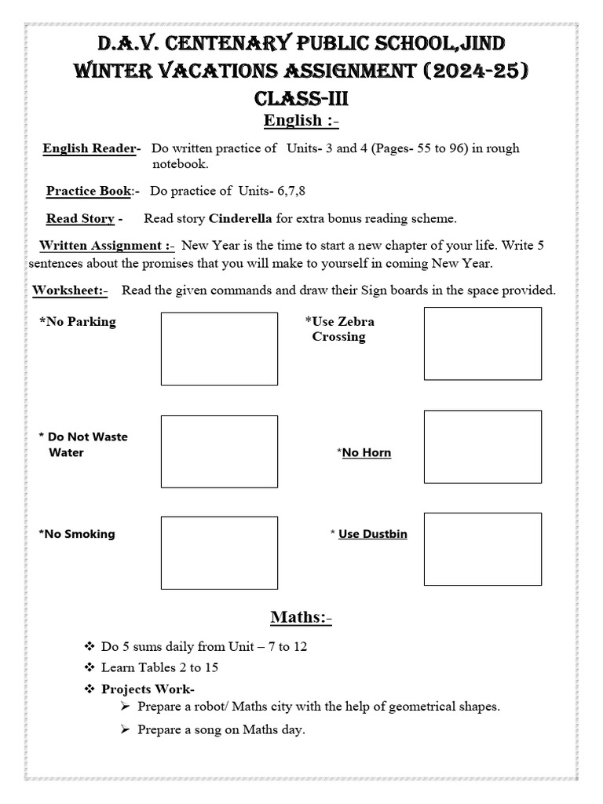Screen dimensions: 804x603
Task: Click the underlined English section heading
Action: (x=301, y=120)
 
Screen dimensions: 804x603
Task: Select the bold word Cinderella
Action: (x=240, y=218)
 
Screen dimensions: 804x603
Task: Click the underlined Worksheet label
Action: (x=70, y=291)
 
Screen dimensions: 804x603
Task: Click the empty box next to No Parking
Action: (x=219, y=349)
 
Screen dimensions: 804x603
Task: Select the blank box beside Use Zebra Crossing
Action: (x=482, y=344)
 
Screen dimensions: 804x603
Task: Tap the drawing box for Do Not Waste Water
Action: (x=219, y=451)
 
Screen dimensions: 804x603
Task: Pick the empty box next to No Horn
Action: (x=482, y=447)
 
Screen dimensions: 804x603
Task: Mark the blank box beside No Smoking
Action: (x=219, y=553)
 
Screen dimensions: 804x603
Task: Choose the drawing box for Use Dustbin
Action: (x=482, y=550)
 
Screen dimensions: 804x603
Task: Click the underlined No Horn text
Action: (x=366, y=453)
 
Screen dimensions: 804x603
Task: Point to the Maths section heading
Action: (x=301, y=618)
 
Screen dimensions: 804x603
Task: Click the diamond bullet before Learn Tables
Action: (x=89, y=667)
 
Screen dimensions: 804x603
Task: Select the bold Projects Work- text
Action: (x=148, y=689)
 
